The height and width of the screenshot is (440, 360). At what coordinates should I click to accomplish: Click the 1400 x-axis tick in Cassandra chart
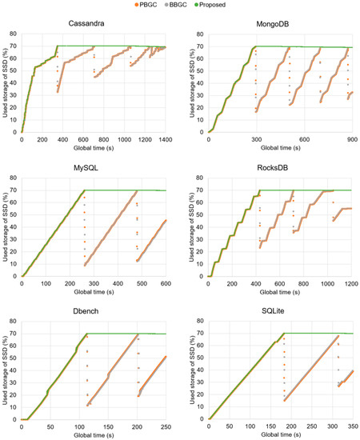(x=166, y=139)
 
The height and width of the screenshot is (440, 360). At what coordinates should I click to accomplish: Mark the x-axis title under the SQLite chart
(x=279, y=435)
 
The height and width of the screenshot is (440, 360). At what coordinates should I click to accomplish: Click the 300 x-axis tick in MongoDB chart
(x=255, y=139)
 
